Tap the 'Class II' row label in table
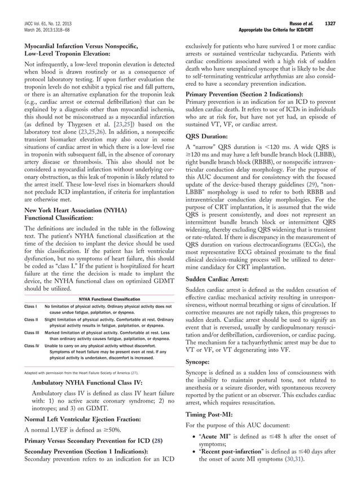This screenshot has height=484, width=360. tap(32, 320)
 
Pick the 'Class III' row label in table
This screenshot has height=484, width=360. tap(32, 333)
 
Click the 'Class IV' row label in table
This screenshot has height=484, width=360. tap(32, 345)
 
